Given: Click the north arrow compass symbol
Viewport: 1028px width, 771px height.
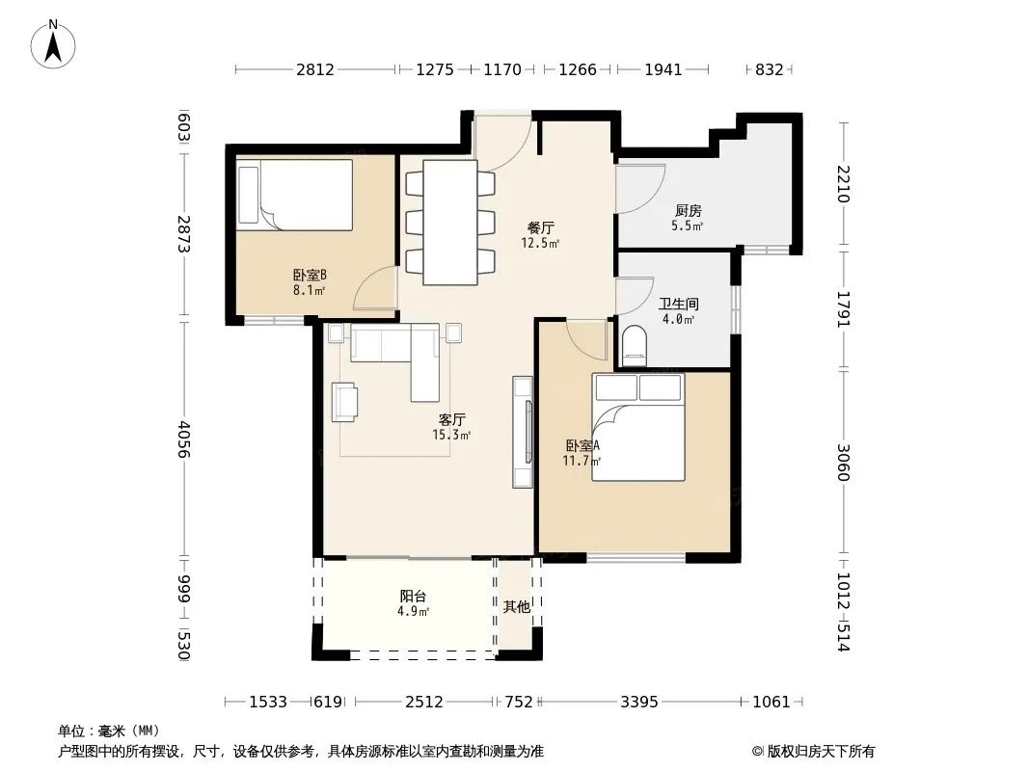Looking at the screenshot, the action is coord(53,44).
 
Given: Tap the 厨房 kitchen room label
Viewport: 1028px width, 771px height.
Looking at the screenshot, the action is coord(688,211).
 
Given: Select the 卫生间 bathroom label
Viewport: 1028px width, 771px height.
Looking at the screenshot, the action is coord(679,304).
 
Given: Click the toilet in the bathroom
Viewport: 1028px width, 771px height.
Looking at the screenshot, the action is coord(634,346).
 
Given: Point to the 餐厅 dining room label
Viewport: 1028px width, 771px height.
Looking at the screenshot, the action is coord(540,228).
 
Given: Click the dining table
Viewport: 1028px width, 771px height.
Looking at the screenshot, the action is coord(449,222).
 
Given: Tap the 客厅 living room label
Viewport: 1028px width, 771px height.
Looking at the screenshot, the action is coord(451,419).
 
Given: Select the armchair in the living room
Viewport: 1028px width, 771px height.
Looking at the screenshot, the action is coord(345,402).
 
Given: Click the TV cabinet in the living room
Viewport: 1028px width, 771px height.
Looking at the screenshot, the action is coord(523,433).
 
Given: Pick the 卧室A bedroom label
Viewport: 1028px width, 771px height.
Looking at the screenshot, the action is coord(582,446).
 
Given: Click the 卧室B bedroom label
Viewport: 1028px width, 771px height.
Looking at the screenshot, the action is coord(310,275).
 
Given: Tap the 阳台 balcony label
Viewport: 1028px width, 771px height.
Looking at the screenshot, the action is coord(413,597).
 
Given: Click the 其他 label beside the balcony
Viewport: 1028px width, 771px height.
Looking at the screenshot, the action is coord(517,607).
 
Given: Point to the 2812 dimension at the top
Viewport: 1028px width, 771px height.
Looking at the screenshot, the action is coord(315,69).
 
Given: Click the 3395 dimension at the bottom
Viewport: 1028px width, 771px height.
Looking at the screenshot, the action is coord(639,703).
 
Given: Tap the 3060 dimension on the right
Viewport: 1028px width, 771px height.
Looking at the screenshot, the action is coord(843,463).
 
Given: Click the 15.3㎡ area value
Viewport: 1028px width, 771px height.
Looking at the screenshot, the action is coord(451,435).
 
